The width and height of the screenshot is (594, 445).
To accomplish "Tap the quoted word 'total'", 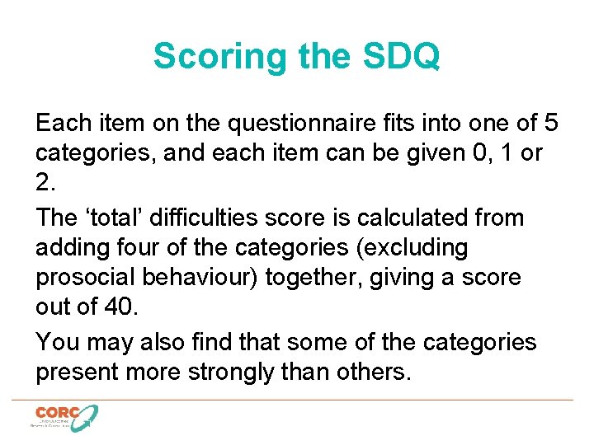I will [x=115, y=218].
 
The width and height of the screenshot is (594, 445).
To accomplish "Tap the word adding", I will [x=73, y=248].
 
